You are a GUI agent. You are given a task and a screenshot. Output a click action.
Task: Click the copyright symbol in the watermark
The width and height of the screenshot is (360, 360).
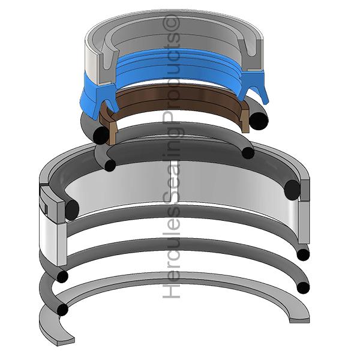(171, 23)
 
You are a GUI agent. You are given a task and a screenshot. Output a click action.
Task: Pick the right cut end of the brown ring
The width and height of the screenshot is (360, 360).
(245, 117)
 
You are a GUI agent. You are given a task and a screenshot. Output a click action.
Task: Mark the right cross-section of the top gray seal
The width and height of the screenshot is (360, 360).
(251, 55)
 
